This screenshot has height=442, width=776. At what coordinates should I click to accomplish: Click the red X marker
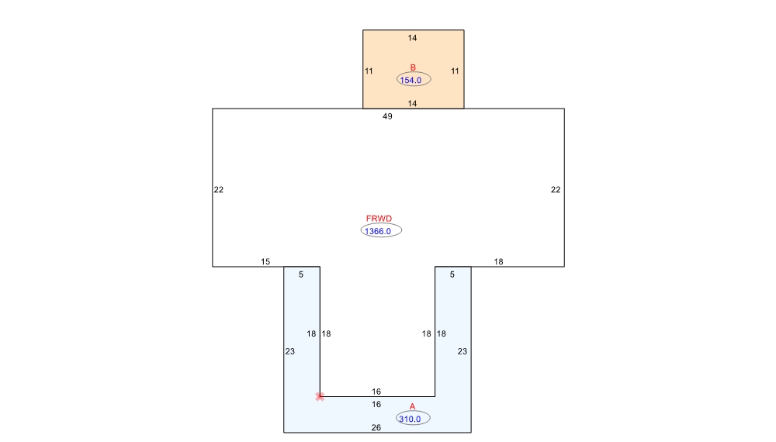[320, 396]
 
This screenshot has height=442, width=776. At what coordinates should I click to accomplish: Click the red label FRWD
[379, 219]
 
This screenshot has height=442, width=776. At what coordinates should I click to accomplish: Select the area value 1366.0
[378, 231]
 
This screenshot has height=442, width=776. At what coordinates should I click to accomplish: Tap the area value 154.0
[411, 80]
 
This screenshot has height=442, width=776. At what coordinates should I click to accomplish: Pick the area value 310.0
[410, 420]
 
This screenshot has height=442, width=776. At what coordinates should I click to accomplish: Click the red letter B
[413, 67]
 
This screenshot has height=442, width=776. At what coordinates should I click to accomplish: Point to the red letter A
[412, 406]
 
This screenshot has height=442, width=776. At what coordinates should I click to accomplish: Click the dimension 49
[387, 116]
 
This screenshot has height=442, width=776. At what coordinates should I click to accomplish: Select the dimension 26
[376, 428]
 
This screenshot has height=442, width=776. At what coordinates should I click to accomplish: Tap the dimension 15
[265, 261]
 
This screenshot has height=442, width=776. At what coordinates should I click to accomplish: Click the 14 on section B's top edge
[412, 38]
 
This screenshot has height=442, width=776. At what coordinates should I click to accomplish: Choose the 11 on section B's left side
[369, 71]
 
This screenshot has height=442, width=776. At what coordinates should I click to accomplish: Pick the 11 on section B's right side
[455, 71]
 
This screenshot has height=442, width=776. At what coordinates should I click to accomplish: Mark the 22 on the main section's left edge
[219, 190]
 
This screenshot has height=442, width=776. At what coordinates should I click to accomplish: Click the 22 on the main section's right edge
[556, 190]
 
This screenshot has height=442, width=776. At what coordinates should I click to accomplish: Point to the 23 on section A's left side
[290, 351]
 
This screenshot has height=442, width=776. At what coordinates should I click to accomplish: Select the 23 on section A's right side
[462, 351]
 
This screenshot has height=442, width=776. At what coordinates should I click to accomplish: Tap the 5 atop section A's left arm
[301, 275]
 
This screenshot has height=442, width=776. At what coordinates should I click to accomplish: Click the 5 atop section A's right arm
[452, 275]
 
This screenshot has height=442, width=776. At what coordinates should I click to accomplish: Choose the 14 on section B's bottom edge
[412, 103]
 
